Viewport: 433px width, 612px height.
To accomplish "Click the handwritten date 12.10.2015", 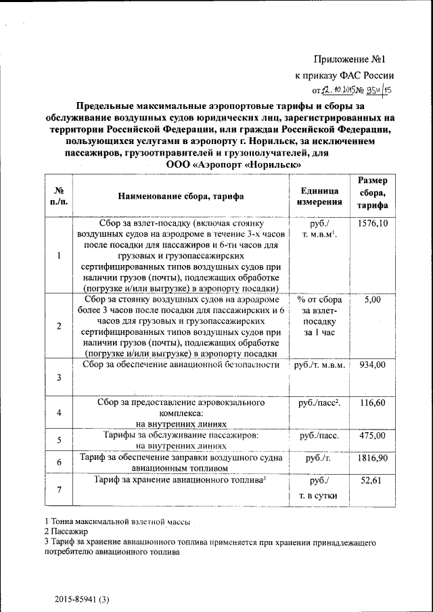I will click(335, 89).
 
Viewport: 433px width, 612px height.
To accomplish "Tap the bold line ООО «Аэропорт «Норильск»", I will click(233, 164).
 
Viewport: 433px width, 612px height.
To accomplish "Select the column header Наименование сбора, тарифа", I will click(181, 197).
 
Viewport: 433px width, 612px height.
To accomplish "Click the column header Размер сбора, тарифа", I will click(373, 193).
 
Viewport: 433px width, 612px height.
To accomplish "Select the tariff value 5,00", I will click(373, 300).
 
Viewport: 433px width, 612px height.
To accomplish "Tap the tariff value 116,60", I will click(373, 402).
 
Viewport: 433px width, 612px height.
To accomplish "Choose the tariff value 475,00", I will click(373, 435).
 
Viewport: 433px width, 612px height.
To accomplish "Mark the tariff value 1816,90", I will click(373, 458).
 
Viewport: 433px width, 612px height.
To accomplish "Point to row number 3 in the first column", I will click(59, 377).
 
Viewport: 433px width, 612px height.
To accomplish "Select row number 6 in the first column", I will click(59, 463).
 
